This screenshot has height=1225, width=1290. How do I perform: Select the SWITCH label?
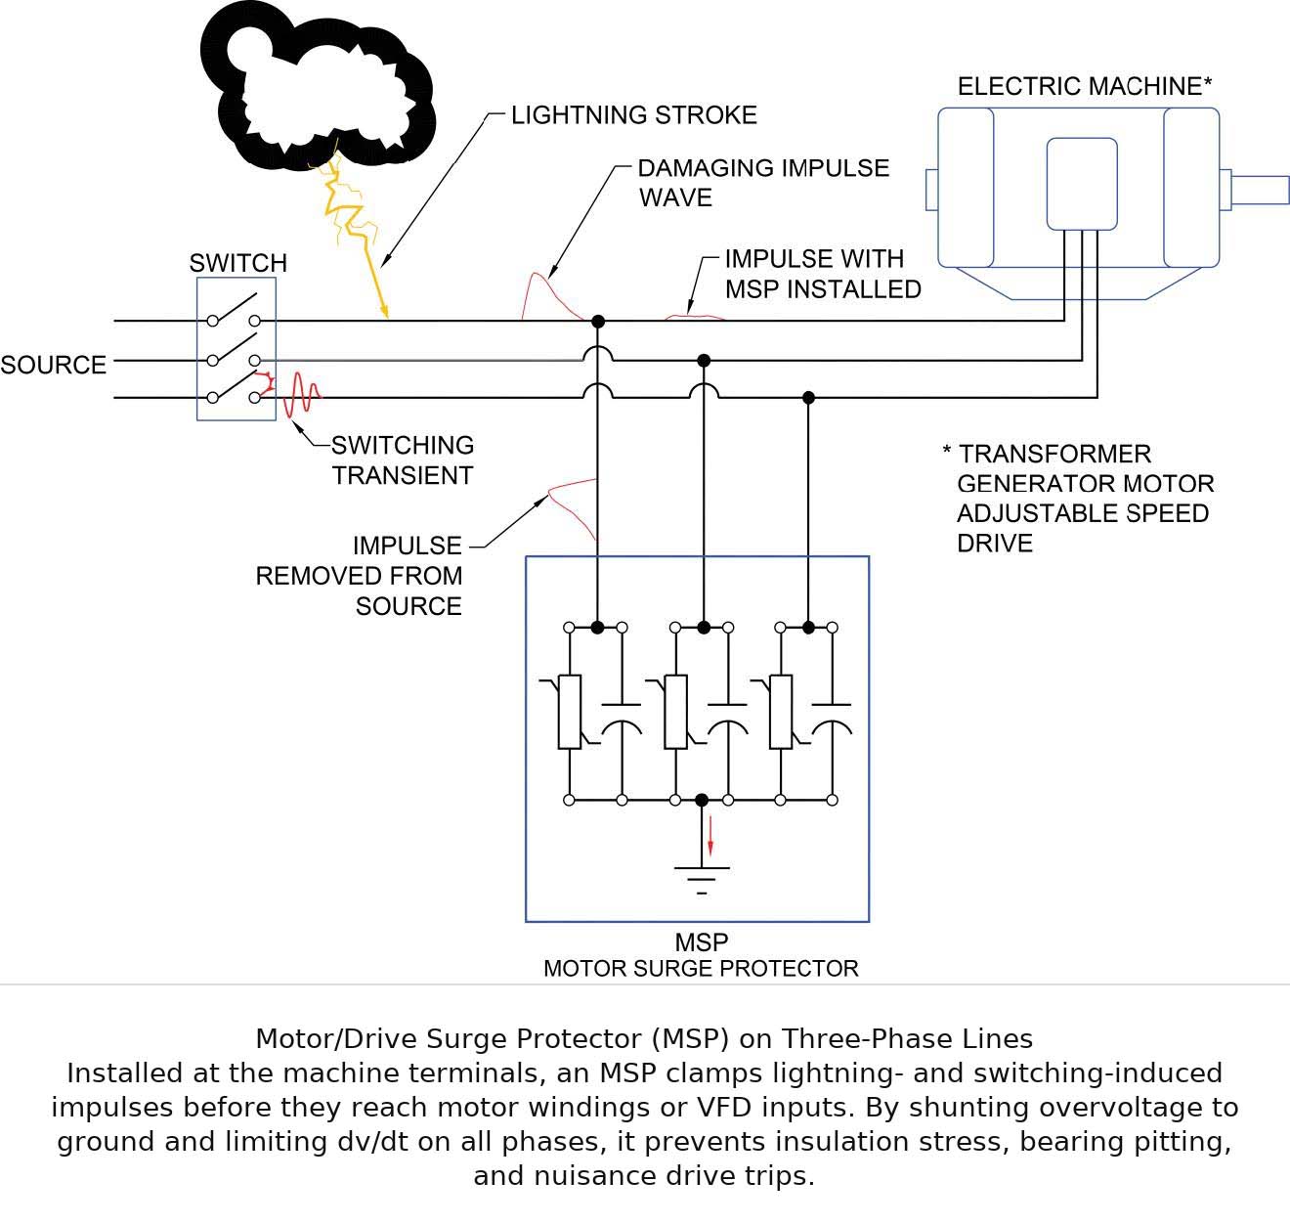[x=237, y=263]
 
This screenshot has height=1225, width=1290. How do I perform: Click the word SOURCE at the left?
[x=54, y=365]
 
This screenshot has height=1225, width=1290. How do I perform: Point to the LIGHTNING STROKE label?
[x=633, y=115]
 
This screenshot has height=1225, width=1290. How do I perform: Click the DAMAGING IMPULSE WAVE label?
[x=762, y=183]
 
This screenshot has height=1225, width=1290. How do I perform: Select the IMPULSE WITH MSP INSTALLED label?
[x=822, y=274]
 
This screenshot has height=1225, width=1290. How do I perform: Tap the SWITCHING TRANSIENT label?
[x=402, y=460]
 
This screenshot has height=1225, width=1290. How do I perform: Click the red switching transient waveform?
[x=301, y=396]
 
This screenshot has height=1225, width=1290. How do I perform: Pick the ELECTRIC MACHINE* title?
[x=1084, y=86]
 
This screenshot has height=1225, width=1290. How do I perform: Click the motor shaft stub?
[x=1259, y=189]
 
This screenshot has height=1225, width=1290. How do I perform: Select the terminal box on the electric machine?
[x=1081, y=184]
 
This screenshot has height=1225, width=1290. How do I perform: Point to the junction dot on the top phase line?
[x=598, y=321]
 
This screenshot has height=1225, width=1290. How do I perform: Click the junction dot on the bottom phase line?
[x=808, y=398]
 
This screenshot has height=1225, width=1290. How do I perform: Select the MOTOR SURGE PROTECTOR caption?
[x=701, y=969]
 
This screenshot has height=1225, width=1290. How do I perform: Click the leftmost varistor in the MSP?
[x=569, y=712]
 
